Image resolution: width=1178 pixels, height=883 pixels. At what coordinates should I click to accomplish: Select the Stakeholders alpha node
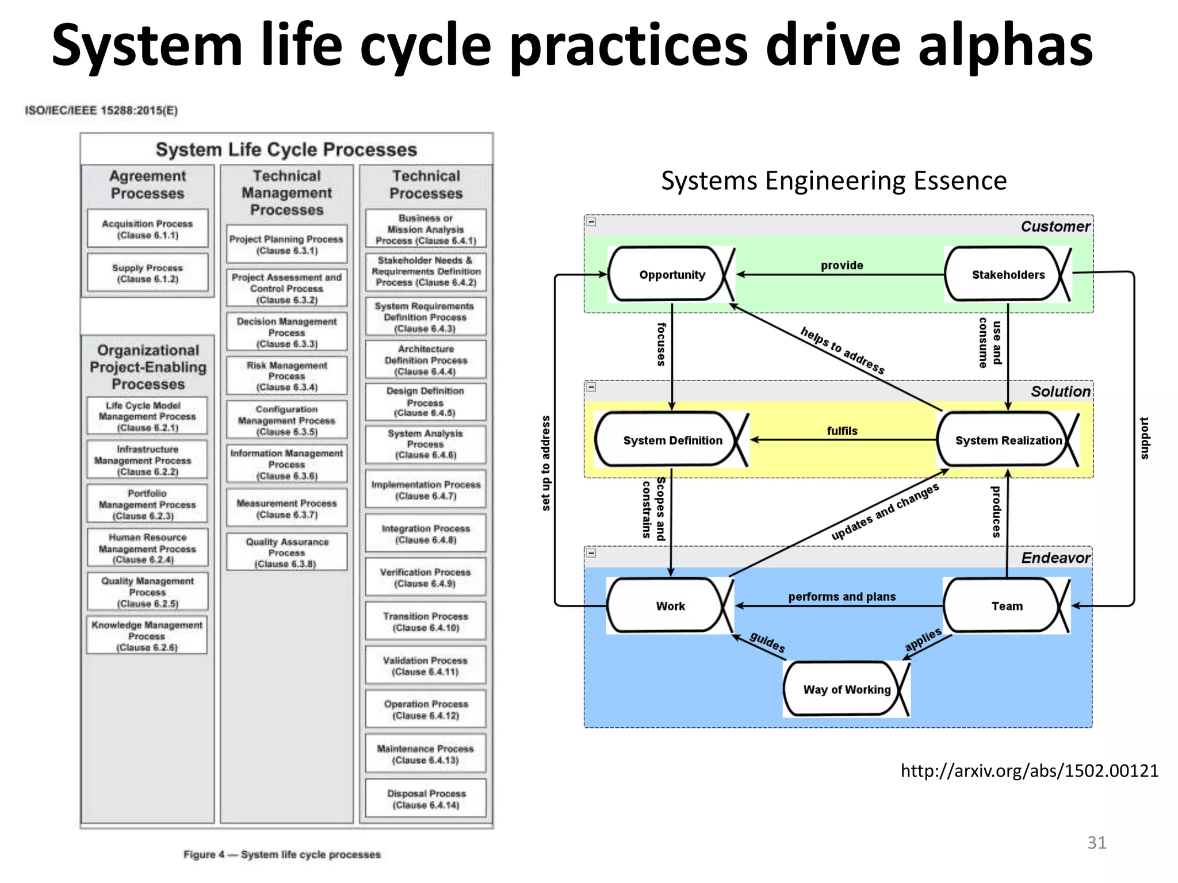pos(1007,275)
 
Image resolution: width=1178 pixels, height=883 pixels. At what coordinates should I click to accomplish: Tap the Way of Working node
pos(846,689)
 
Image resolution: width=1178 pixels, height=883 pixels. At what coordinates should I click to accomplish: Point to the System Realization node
pos(1008,440)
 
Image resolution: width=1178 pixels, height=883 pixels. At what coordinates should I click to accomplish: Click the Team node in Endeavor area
pos(1007,606)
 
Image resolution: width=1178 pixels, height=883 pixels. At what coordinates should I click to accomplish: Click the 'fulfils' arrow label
pos(842,431)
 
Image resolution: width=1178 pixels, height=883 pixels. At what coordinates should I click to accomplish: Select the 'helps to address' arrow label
pos(842,350)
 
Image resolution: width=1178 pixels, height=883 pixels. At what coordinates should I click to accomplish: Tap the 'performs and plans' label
pos(842,597)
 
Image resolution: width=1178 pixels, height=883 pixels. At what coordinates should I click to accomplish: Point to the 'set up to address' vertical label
pos(545,463)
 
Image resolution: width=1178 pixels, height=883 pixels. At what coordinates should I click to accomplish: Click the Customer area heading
pos(1055,226)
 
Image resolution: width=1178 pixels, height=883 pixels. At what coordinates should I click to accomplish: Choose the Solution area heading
pos(1060,391)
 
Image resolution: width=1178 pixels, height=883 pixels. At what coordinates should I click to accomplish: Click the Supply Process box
pos(148,273)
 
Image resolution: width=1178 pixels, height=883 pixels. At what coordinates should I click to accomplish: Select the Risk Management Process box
pos(286,376)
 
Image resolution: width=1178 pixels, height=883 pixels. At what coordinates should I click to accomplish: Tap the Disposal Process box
pos(426,798)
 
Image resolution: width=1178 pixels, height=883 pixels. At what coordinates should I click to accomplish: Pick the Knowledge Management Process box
pos(147,636)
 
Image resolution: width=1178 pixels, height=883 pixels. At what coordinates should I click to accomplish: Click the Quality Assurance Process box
pos(286,552)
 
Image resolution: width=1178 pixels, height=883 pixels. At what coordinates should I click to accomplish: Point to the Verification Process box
pos(425,577)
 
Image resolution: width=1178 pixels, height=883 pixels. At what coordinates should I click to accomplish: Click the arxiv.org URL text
pos(1029,770)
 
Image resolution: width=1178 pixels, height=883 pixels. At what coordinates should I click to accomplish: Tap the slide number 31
pos(1096,842)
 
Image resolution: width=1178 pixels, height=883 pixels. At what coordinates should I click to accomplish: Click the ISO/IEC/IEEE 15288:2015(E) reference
pos(101,110)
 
